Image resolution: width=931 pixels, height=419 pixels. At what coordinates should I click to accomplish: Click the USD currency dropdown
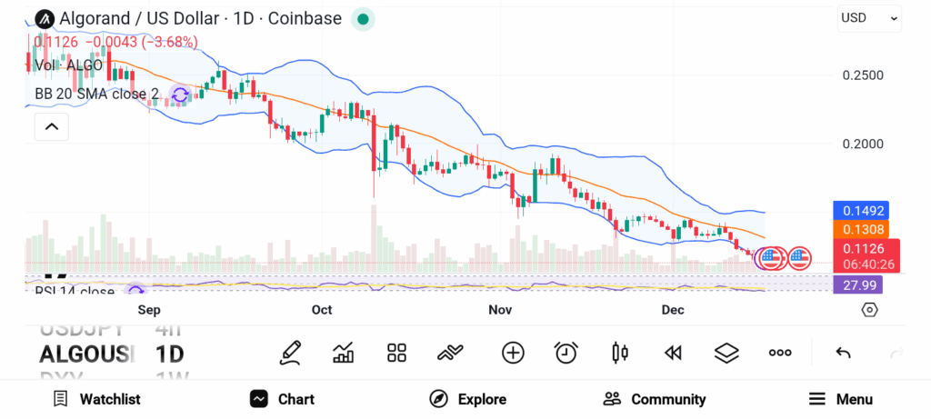point(868,17)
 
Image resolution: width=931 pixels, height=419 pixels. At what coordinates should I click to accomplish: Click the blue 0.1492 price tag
point(859,211)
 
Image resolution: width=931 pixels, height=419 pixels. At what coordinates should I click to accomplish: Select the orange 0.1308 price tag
point(859,230)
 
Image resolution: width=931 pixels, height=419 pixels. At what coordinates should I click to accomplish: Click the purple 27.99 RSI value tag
point(857,285)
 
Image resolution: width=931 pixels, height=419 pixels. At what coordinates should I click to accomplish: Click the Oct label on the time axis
point(322,310)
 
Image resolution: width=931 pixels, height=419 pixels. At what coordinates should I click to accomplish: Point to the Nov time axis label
point(500,310)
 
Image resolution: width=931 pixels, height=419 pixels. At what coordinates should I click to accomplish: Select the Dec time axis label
point(672,310)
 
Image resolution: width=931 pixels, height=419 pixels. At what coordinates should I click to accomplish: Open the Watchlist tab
point(97,399)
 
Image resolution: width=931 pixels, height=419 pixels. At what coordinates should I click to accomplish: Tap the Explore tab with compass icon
point(468,399)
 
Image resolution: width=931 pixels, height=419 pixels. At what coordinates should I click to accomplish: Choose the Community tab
point(655,399)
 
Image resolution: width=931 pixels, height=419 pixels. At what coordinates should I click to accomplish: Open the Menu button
point(841,399)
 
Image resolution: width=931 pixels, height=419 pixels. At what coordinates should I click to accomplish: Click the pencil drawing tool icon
point(291,353)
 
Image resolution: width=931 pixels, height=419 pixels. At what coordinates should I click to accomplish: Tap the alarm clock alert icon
point(566,353)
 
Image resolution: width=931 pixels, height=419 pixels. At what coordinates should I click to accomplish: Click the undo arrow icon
point(843,353)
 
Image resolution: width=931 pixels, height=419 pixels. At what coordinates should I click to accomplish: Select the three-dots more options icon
point(780,353)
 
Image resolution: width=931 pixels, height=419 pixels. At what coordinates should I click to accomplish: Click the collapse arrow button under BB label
point(52,127)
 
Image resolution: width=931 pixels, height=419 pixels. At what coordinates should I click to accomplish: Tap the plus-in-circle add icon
point(513,353)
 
